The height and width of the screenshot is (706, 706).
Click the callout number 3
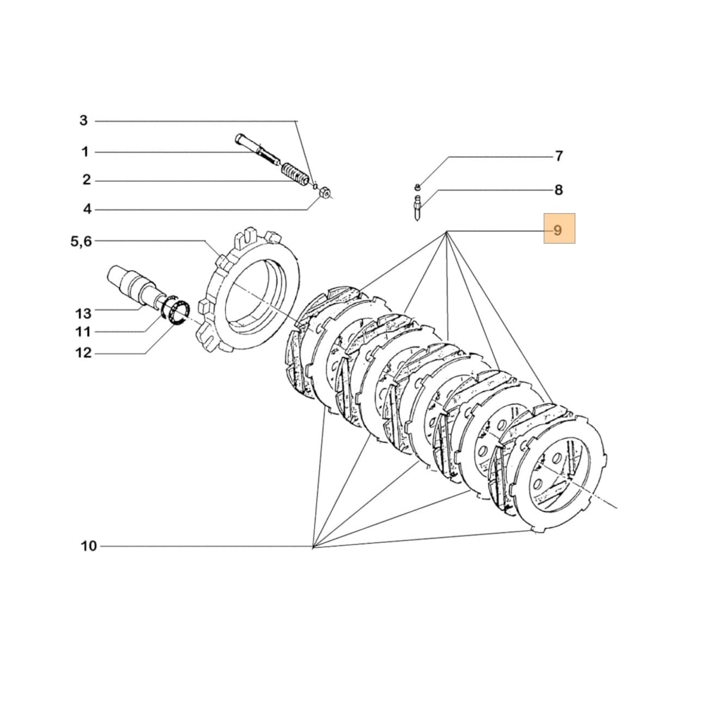click(x=83, y=121)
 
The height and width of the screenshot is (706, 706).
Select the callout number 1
click(x=85, y=151)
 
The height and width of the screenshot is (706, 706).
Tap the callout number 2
click(x=86, y=180)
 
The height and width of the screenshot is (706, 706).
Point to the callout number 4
click(x=87, y=209)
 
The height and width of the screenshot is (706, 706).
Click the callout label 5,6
click(x=80, y=241)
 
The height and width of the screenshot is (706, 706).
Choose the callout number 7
click(x=558, y=156)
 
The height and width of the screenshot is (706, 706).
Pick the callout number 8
click(x=558, y=189)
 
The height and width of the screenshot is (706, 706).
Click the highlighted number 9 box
click(x=558, y=229)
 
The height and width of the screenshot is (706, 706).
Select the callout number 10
click(x=88, y=546)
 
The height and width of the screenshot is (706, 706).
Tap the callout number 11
click(x=83, y=332)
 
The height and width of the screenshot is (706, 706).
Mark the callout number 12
click(x=83, y=353)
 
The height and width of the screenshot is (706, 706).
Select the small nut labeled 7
click(x=417, y=187)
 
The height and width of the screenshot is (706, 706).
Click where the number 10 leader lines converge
click(x=313, y=546)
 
